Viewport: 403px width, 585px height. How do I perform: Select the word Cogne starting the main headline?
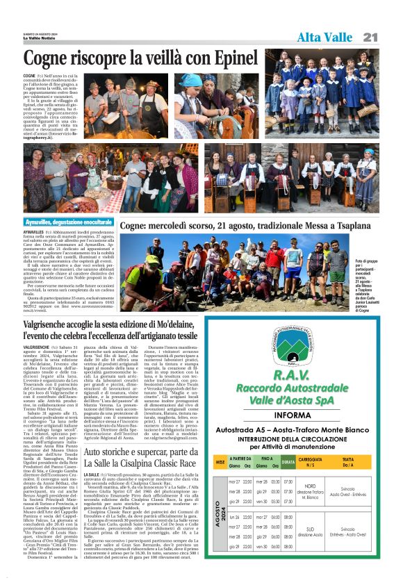point(49,59)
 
